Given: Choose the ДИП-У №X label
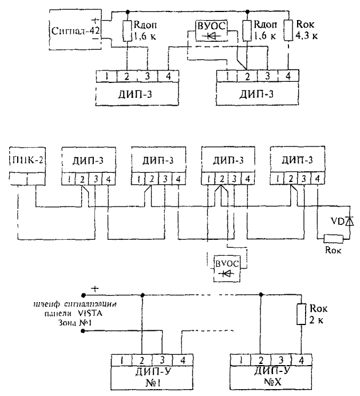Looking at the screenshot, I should [262, 377].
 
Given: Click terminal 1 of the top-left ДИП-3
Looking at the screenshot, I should [107, 76].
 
